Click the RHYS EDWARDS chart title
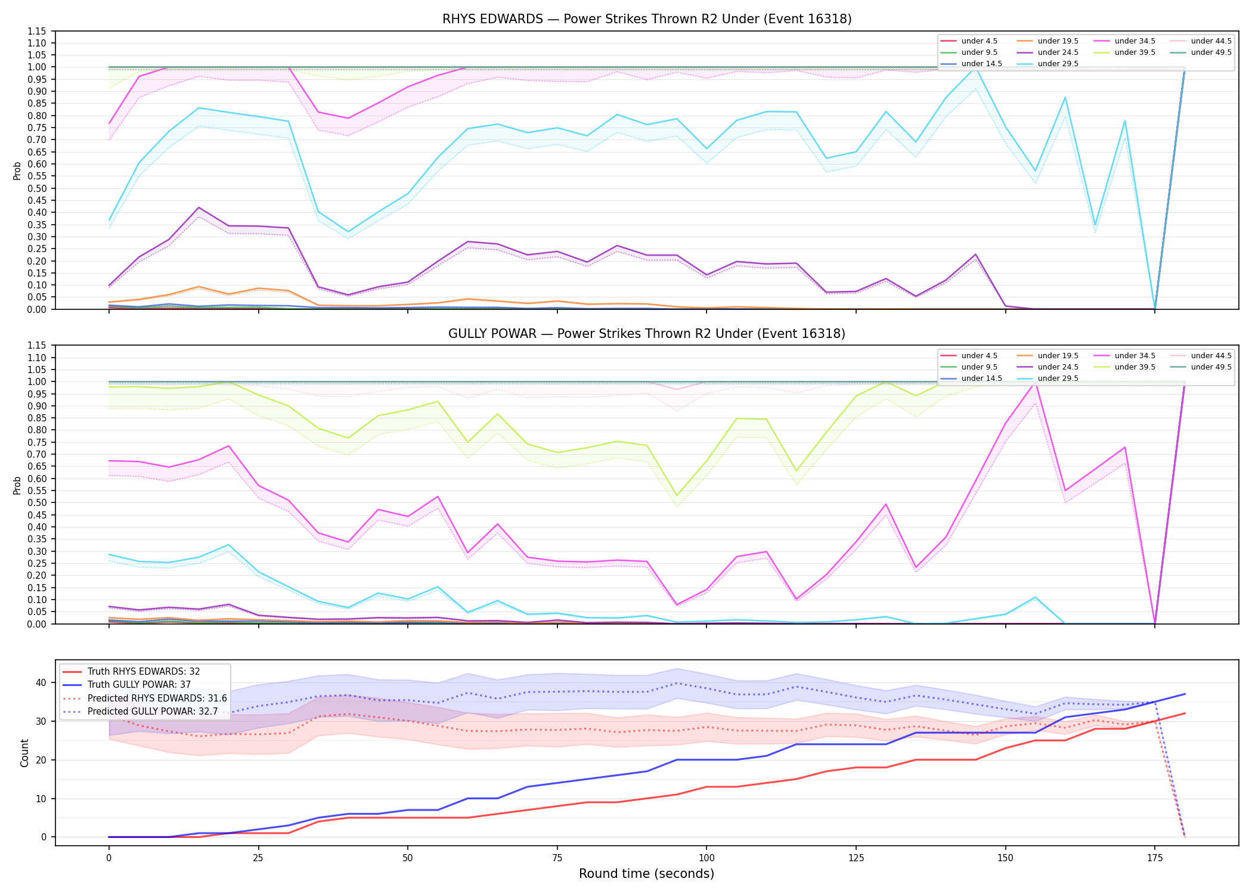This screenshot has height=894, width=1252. pos(647,19)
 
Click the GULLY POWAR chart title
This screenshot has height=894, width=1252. pos(647,334)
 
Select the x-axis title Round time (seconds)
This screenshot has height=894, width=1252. pos(646,874)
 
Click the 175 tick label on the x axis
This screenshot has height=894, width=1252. pos(1155,858)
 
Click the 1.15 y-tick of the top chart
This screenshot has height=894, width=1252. pos(36,31)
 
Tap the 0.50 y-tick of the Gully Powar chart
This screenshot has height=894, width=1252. pos(36,503)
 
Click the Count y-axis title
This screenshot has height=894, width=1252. pos(24,753)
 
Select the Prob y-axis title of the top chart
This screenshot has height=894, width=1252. pos(17,170)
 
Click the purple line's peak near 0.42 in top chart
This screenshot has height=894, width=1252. pos(199,207)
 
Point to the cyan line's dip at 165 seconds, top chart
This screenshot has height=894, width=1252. pos(1095,225)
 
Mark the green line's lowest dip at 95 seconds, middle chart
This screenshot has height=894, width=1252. pos(677,495)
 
